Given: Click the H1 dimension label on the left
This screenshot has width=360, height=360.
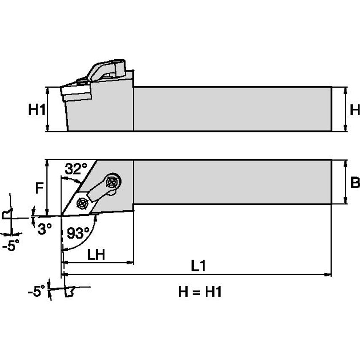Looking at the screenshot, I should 36,110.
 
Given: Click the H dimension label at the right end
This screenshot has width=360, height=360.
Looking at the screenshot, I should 355,110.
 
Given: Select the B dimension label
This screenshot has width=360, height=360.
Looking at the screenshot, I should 355,183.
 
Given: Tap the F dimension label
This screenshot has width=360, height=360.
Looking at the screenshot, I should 39,188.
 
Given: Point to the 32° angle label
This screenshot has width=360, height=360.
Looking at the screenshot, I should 75,169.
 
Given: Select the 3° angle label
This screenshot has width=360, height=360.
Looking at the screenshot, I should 44,228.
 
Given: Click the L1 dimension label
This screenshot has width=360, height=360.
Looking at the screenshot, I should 198,266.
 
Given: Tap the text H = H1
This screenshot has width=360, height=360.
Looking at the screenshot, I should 200,292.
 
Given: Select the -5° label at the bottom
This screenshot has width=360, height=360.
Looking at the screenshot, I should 36,291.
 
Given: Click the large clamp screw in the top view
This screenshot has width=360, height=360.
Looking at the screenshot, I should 113,182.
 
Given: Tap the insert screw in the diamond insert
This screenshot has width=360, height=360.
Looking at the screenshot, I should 81,204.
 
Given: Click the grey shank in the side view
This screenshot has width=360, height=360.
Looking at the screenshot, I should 232,109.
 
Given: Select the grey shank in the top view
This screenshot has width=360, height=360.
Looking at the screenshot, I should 232,182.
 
